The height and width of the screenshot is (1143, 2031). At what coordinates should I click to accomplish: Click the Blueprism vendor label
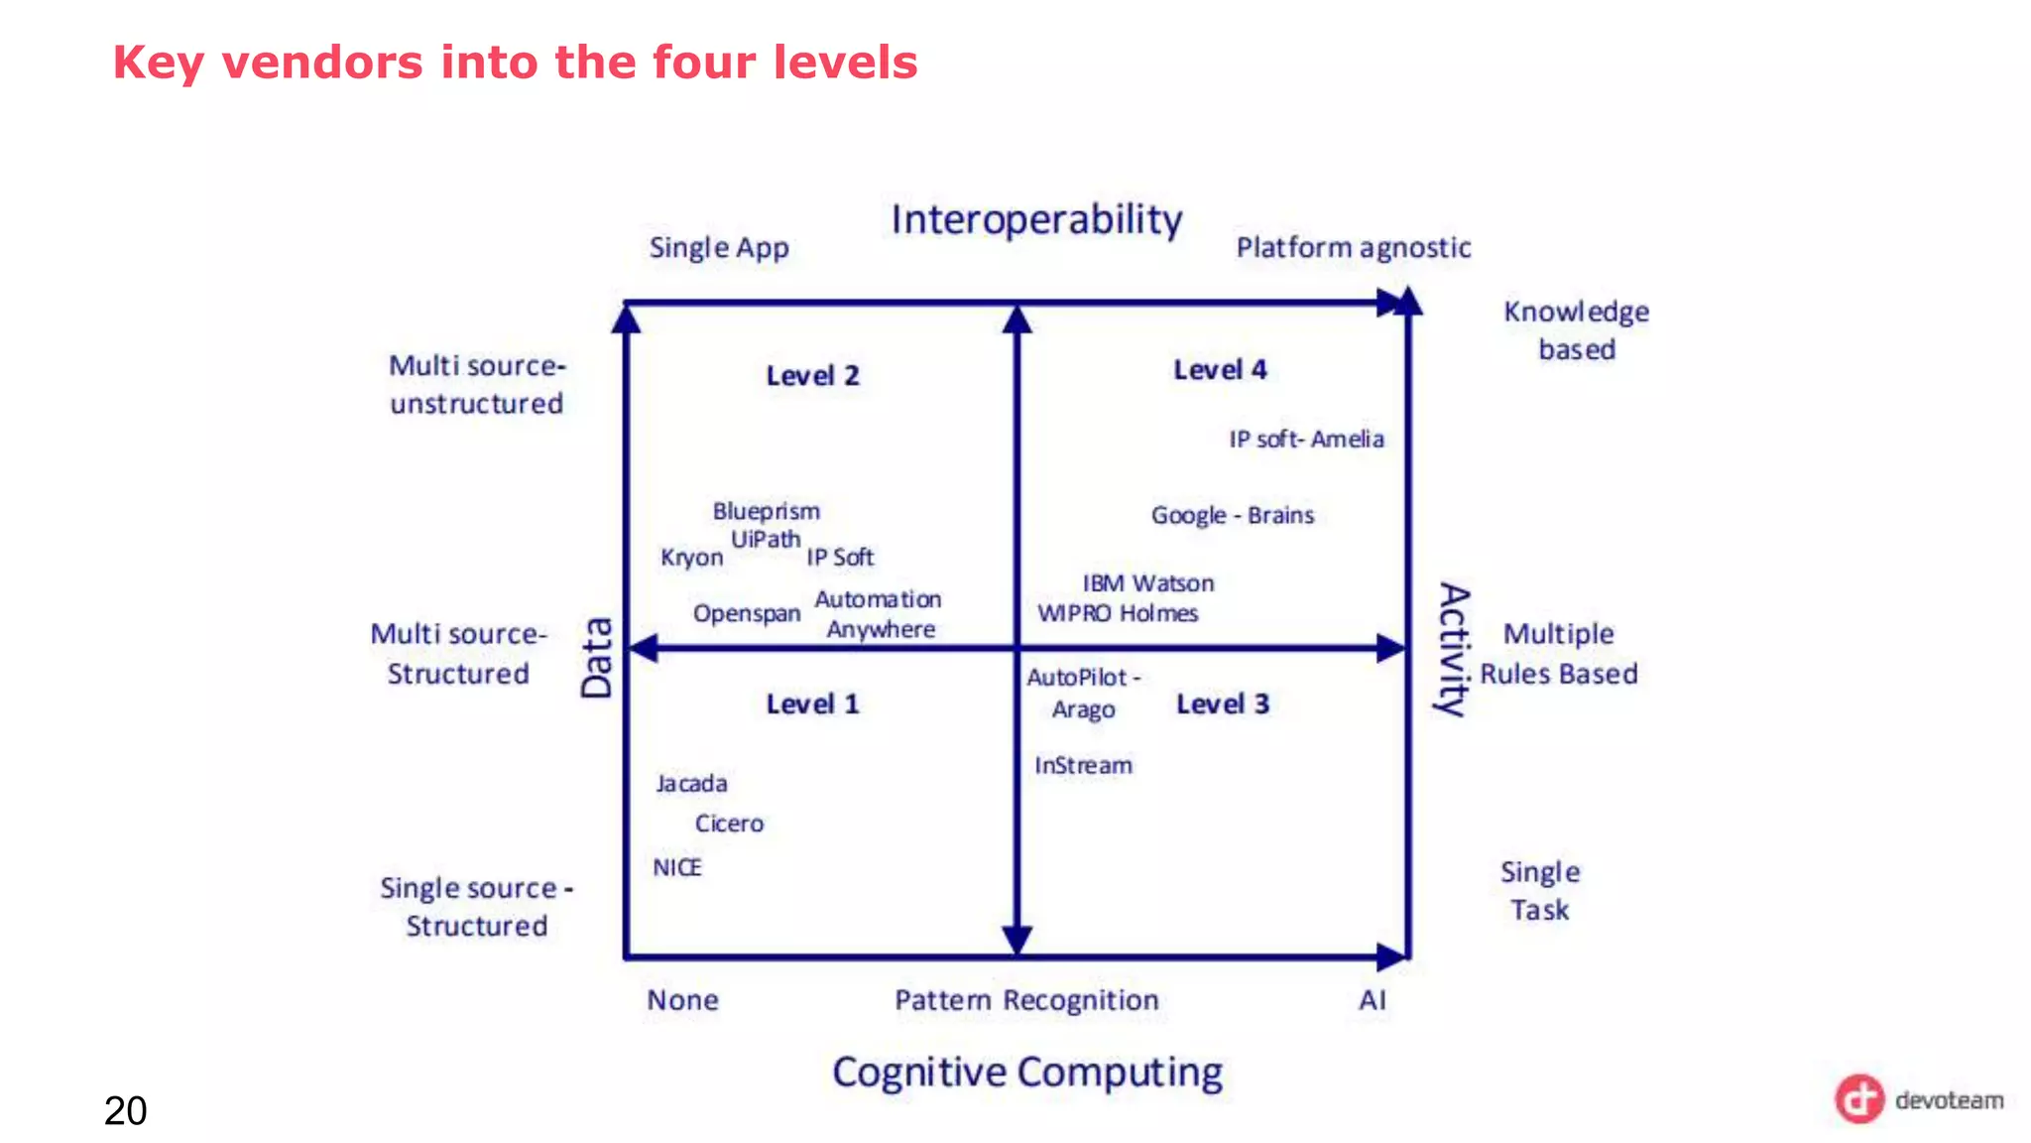[766, 511]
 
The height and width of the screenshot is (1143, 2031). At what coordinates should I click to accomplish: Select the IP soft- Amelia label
[1306, 439]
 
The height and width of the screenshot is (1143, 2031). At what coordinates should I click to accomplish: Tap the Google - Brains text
[1232, 515]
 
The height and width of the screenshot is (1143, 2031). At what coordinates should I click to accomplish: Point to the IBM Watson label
[1147, 583]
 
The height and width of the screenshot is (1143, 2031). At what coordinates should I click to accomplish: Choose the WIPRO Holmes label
[1118, 613]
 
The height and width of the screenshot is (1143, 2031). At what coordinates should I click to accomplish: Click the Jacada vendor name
[691, 784]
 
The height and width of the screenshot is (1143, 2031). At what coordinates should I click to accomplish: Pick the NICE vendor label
[676, 867]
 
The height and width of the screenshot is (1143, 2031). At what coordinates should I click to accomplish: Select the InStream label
[1083, 765]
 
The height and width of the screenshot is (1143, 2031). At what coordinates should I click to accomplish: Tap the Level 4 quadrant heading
[1220, 370]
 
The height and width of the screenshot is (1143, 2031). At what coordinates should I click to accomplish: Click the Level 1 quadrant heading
[812, 704]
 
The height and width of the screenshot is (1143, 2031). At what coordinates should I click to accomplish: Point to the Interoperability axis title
[1036, 219]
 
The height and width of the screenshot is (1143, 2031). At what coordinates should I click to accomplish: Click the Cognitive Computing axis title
[1027, 1073]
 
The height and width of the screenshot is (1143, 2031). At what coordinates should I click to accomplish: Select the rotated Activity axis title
[1454, 649]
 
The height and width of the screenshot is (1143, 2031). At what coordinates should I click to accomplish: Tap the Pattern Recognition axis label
[1026, 1000]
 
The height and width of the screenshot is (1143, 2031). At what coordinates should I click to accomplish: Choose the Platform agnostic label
[1353, 247]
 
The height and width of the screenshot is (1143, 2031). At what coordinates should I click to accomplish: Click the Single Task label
[1539, 891]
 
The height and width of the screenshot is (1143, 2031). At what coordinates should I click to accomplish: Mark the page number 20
[125, 1110]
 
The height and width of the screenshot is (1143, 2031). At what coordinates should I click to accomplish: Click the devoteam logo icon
[1858, 1099]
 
